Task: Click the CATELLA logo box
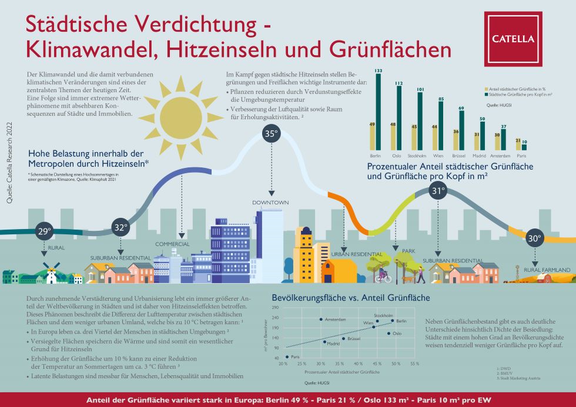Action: (513, 39)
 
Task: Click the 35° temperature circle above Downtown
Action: (271, 134)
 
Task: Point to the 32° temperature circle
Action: (120, 227)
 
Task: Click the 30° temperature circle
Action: (534, 239)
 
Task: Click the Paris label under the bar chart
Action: (521, 156)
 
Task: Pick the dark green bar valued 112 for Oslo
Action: (399, 117)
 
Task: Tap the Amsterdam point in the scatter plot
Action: (321, 319)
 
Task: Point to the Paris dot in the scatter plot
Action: (287, 356)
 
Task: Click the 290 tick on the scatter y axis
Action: (274, 307)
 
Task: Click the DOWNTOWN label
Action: (271, 203)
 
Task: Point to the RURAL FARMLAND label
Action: (547, 270)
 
